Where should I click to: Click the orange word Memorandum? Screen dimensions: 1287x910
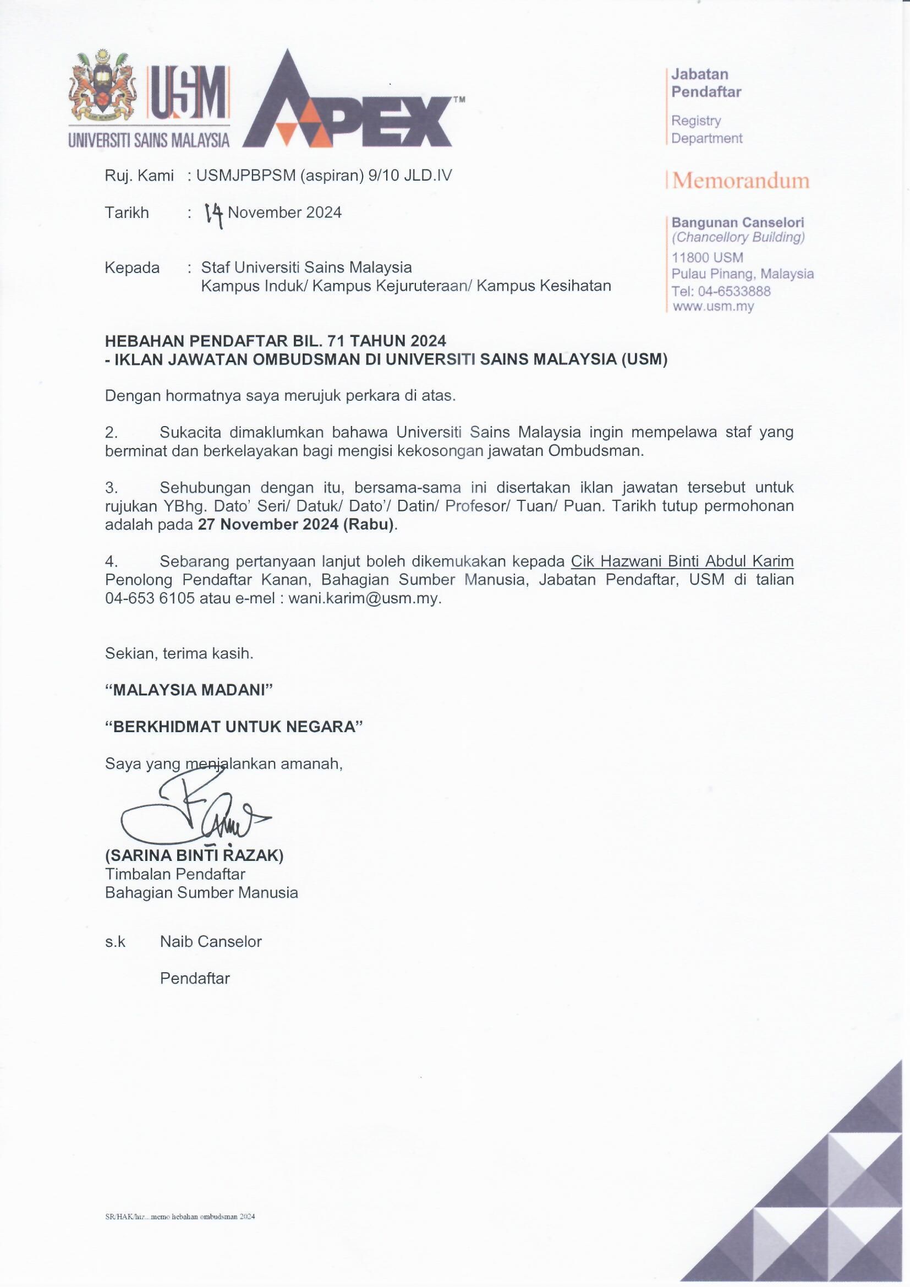coord(741,181)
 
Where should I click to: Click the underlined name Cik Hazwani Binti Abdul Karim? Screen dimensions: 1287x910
coord(682,561)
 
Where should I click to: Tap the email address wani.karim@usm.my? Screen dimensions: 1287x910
coord(364,598)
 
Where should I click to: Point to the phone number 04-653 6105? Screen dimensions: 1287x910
coord(150,598)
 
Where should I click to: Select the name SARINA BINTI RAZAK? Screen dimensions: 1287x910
coord(194,855)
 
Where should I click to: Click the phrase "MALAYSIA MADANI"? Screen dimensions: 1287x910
coord(189,690)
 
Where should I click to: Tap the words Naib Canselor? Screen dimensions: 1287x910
coord(211,941)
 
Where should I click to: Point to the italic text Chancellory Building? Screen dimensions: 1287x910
coord(738,237)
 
